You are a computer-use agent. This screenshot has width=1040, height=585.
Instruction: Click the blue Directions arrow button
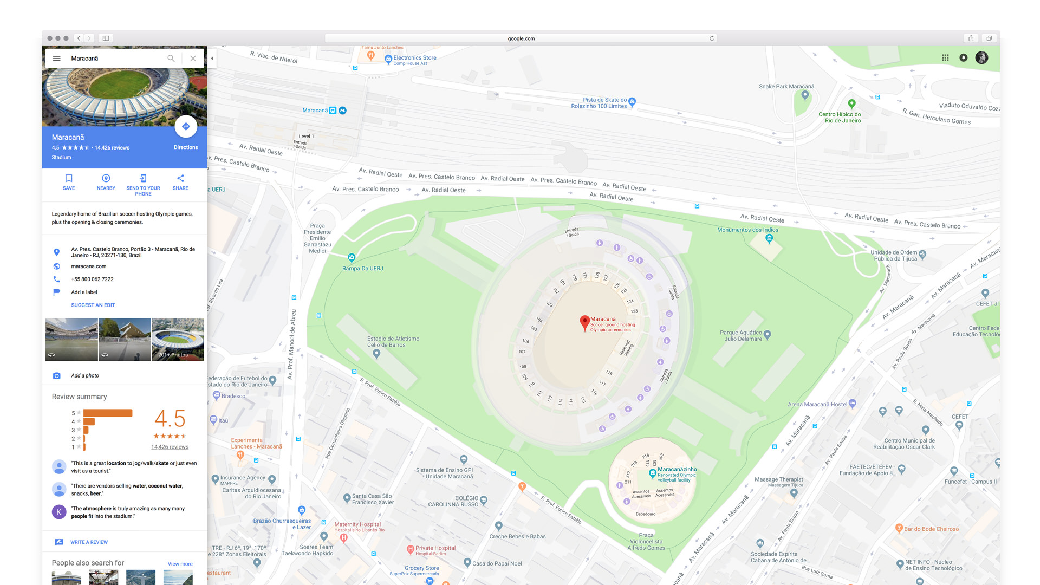pyautogui.click(x=186, y=127)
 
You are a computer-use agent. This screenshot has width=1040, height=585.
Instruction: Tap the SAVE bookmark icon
pyautogui.click(x=69, y=178)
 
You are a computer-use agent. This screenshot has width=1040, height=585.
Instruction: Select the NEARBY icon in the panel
pyautogui.click(x=106, y=178)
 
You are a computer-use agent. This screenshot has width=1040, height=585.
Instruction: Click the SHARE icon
pyautogui.click(x=180, y=178)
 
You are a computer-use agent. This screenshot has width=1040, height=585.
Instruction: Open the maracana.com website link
pyautogui.click(x=89, y=266)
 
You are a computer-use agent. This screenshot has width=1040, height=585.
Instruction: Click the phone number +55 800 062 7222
pyautogui.click(x=92, y=279)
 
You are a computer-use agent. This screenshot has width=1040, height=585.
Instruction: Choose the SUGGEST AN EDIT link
pyautogui.click(x=93, y=305)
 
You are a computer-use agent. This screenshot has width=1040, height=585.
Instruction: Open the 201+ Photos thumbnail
pyautogui.click(x=178, y=340)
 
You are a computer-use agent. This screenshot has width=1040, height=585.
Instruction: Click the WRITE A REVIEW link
pyautogui.click(x=89, y=542)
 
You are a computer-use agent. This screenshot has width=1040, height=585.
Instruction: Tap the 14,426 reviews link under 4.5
pyautogui.click(x=170, y=447)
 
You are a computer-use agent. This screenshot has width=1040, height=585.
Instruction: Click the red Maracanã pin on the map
pyautogui.click(x=584, y=322)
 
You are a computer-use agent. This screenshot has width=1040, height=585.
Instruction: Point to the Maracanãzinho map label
pyautogui.click(x=677, y=470)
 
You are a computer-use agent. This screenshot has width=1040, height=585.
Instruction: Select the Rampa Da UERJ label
pyautogui.click(x=362, y=269)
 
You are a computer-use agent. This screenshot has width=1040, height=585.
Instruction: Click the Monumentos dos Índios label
pyautogui.click(x=747, y=230)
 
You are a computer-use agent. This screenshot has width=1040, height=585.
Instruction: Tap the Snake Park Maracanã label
pyautogui.click(x=786, y=87)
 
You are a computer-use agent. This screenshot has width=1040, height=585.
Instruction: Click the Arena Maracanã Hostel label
pyautogui.click(x=817, y=405)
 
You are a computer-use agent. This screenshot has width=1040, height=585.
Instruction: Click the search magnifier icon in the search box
pyautogui.click(x=171, y=58)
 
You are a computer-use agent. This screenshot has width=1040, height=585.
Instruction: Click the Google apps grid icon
pyautogui.click(x=945, y=58)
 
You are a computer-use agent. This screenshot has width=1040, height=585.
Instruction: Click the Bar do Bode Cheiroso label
pyautogui.click(x=931, y=529)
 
